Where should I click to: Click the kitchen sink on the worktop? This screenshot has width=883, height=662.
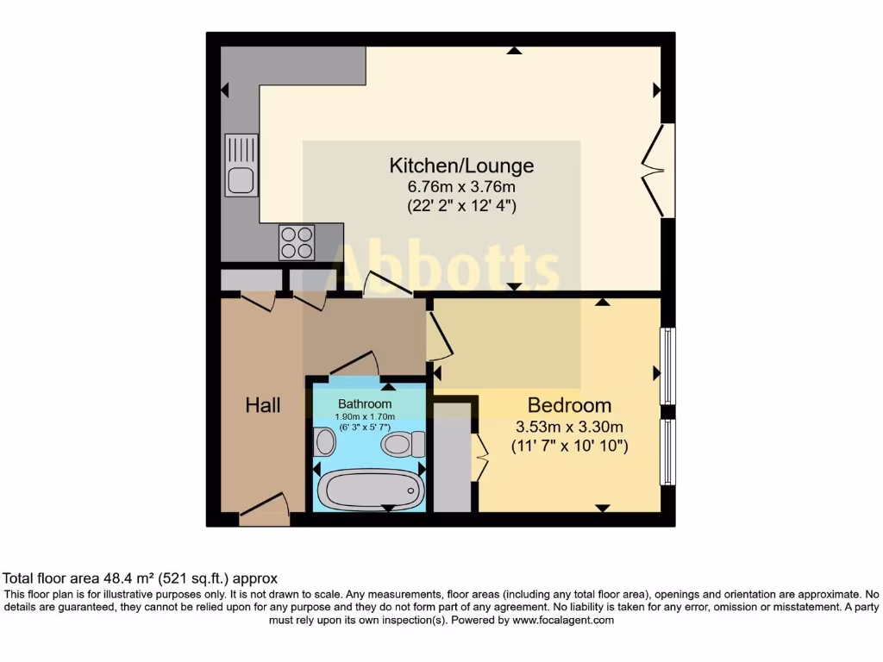click(x=241, y=165)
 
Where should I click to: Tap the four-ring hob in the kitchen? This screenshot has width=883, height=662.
click(x=297, y=241)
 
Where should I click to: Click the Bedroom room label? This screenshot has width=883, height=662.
click(x=569, y=405)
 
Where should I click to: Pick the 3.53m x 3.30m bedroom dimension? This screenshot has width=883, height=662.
click(x=569, y=426)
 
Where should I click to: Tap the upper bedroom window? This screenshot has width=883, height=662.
click(x=668, y=365)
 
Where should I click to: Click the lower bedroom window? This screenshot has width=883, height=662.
click(x=668, y=453)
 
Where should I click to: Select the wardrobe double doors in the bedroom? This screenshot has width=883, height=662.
click(x=479, y=454)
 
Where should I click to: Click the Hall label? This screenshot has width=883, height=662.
click(x=263, y=405)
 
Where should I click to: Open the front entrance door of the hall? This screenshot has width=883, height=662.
click(x=265, y=509)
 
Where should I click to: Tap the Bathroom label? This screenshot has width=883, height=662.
click(x=364, y=403)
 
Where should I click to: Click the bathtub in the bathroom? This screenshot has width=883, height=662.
click(x=369, y=490)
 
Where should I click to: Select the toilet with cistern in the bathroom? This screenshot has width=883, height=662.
click(x=403, y=444)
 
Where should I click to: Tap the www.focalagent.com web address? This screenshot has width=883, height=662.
click(x=562, y=620)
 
